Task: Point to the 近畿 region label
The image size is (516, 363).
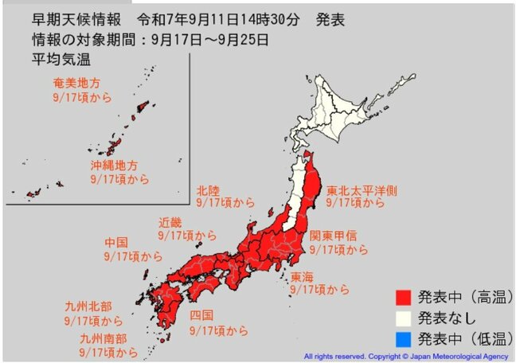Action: pos(170,222)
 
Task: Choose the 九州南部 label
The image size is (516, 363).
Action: pos(101,338)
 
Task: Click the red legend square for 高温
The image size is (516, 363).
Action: pos(405,298)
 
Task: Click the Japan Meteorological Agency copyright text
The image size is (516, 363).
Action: pos(406,356)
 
